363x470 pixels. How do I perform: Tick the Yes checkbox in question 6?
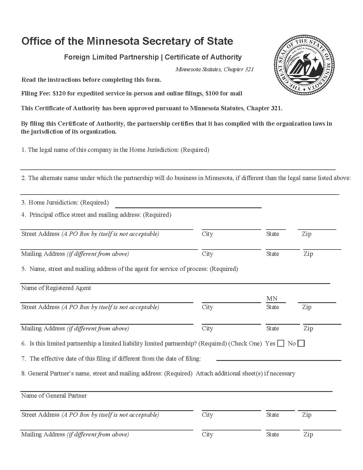281,343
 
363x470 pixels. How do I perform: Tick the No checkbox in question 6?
301,343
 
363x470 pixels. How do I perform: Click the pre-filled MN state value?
272,299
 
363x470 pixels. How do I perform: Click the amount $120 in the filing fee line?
59,93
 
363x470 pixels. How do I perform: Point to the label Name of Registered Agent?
56,288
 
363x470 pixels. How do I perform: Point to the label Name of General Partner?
54,396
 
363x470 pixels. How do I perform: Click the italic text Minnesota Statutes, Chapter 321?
214,69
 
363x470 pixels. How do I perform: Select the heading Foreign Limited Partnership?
111,57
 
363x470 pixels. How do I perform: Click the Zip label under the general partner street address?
307,415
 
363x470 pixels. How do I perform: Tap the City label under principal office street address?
207,234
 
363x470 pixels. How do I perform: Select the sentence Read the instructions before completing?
91,80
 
